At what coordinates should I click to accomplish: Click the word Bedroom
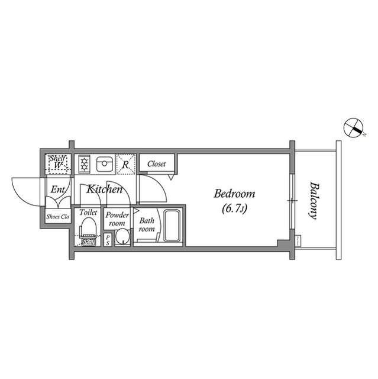click(x=234, y=194)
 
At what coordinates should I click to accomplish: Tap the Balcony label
click(x=313, y=200)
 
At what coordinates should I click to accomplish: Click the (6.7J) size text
click(x=234, y=208)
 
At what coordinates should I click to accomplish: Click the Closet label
click(x=157, y=164)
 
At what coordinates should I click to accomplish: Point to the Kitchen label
click(x=105, y=189)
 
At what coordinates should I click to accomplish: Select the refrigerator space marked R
click(x=125, y=163)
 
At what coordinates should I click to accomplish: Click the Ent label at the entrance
click(x=57, y=190)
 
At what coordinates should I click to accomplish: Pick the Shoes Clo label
click(x=58, y=217)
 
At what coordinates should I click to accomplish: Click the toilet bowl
click(x=89, y=227)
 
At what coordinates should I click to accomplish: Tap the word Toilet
click(x=88, y=211)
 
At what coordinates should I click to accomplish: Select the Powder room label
click(x=117, y=219)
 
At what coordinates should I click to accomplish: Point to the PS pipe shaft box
click(x=108, y=239)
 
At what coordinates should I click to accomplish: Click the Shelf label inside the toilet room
click(x=88, y=242)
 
